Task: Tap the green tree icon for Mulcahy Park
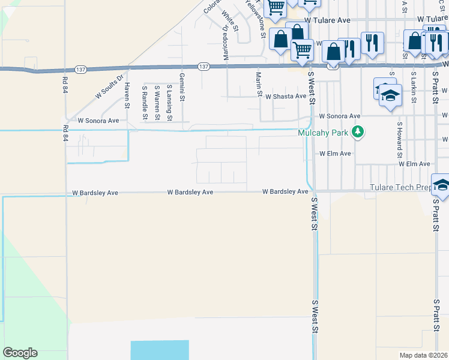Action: [358, 131]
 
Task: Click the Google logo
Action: [20, 353]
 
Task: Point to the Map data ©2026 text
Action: [424, 355]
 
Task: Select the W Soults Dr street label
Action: [109, 86]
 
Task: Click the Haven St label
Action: [127, 94]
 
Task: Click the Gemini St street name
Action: [182, 85]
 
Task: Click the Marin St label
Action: [259, 84]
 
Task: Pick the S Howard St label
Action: [399, 136]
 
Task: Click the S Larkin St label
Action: [414, 85]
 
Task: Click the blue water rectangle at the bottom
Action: [160, 350]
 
